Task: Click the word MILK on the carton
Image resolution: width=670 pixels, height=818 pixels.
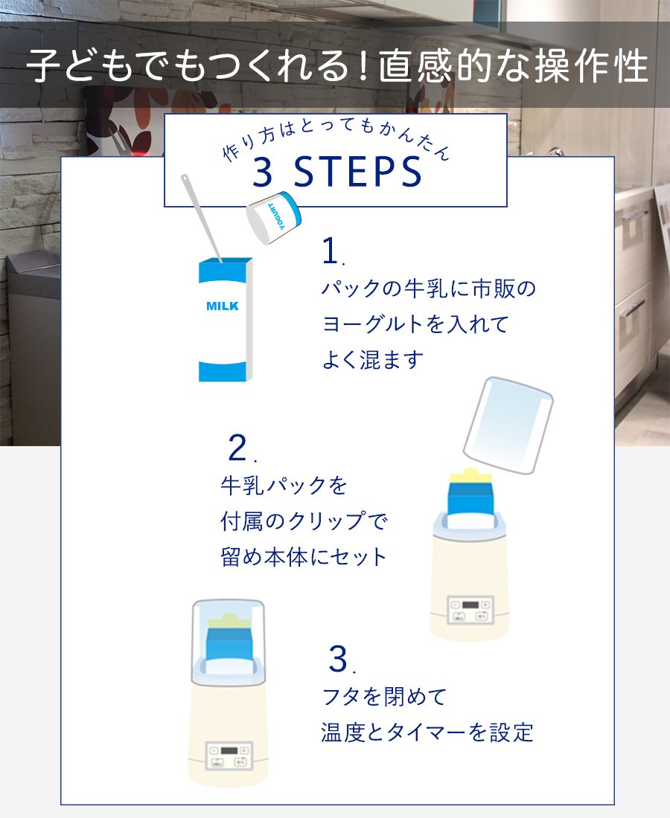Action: (x=223, y=306)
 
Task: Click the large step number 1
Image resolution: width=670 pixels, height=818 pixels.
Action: (x=331, y=251)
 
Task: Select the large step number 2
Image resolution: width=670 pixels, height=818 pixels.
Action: (x=238, y=448)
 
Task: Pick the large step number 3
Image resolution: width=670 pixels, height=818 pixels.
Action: (x=338, y=659)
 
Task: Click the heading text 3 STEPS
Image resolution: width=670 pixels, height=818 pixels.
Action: (x=337, y=173)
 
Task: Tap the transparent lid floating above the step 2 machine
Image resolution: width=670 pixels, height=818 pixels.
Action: (x=508, y=425)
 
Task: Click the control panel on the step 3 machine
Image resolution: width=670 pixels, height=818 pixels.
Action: (x=229, y=756)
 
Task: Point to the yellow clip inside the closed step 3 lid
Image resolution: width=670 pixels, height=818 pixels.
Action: (x=229, y=622)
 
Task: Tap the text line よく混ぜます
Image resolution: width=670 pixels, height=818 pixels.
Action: (x=373, y=359)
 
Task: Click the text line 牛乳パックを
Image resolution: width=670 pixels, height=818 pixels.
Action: (x=284, y=485)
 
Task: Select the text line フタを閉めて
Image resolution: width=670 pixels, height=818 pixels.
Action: (x=384, y=697)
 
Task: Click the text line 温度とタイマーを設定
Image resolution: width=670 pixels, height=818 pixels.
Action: (x=427, y=732)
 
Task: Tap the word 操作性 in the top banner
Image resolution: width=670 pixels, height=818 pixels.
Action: (x=592, y=65)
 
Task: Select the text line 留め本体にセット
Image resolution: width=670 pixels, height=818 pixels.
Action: (x=304, y=557)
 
